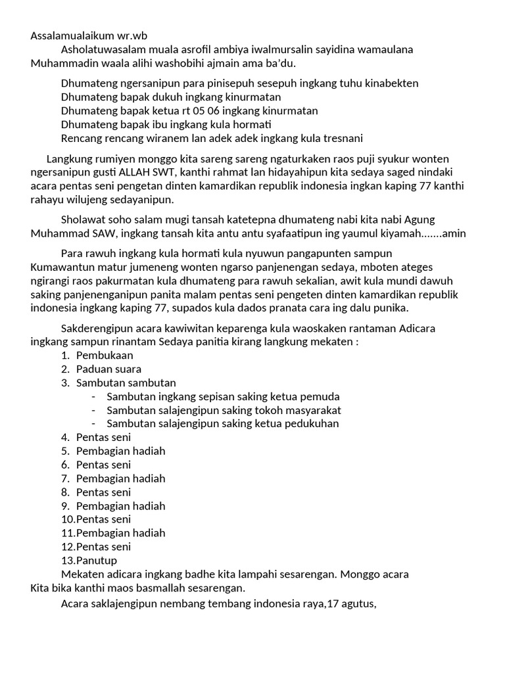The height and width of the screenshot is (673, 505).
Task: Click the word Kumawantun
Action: pos(62,267)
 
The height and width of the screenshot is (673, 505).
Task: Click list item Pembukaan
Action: pos(105,356)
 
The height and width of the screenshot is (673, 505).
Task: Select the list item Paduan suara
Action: pos(108,369)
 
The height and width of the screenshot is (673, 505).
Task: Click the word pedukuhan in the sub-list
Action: pos(308,423)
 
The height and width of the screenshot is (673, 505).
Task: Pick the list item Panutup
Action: pos(97,560)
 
